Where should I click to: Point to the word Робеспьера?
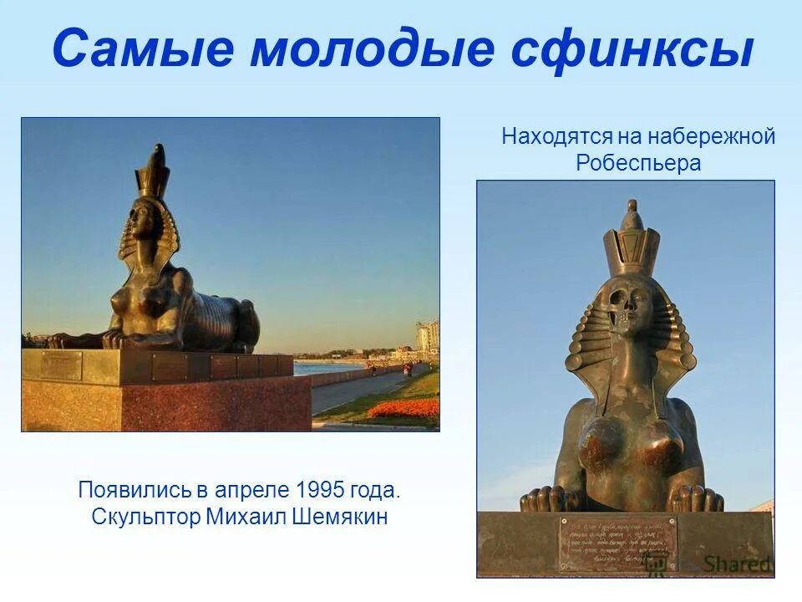(x=638, y=163)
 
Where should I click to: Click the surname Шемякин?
(x=341, y=517)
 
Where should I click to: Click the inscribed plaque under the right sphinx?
(x=617, y=543)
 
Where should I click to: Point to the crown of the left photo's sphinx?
(x=154, y=172)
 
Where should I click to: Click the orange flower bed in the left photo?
(x=404, y=409)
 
